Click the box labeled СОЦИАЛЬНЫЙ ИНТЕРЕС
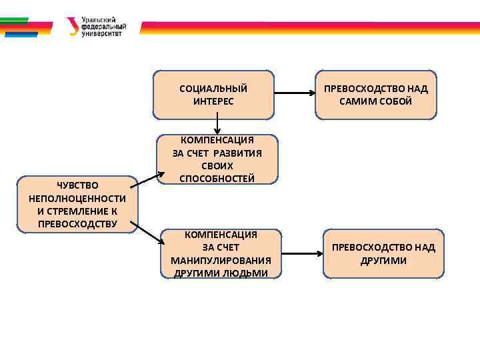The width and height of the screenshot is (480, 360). [x=213, y=95]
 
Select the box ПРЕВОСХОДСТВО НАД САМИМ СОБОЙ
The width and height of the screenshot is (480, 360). [x=375, y=95]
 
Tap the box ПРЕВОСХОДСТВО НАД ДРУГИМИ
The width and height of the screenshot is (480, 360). [x=383, y=253]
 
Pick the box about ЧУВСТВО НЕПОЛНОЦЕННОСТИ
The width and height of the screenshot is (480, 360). [x=77, y=204]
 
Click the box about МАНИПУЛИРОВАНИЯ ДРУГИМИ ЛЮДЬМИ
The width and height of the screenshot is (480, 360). [x=220, y=254]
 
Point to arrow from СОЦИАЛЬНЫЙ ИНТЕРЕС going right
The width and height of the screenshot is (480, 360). [x=294, y=94]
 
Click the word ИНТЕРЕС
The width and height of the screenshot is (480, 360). [x=213, y=101]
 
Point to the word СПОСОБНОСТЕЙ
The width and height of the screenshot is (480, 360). [x=217, y=178]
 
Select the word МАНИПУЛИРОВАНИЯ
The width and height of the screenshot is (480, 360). [x=221, y=260]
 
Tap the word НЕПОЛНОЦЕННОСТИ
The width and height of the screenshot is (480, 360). [x=77, y=198]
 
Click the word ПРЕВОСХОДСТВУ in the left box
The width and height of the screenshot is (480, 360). [x=77, y=223]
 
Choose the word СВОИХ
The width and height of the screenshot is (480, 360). [x=217, y=165]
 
